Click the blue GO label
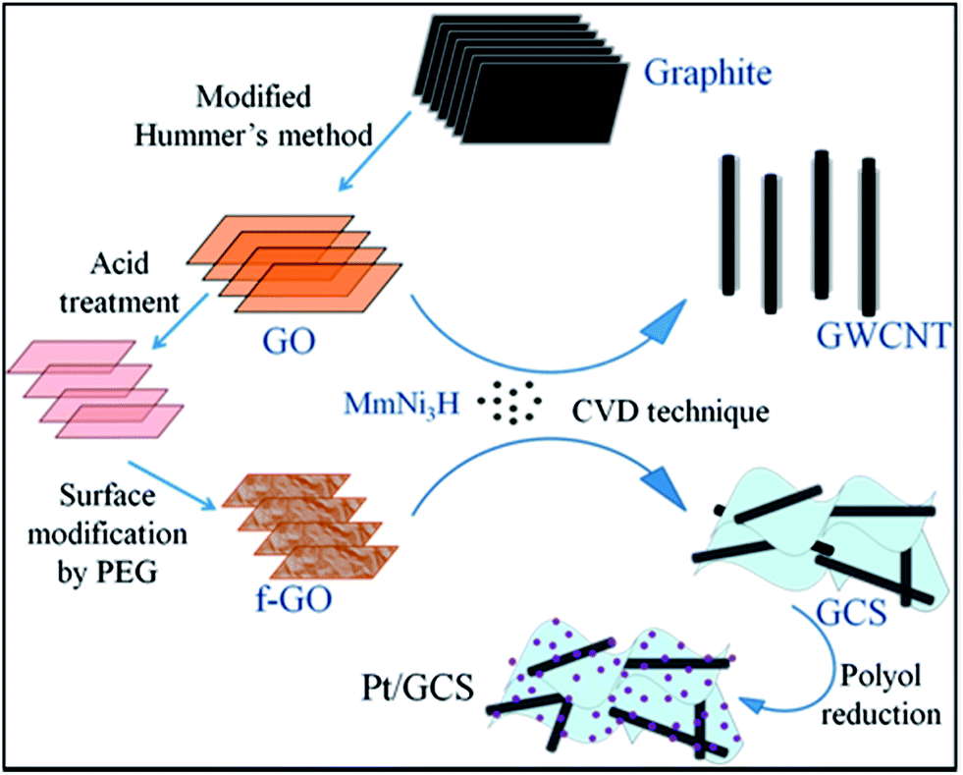(289, 340)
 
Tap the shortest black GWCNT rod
(771, 244)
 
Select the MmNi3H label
(401, 404)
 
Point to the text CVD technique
(670, 411)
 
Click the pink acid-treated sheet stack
(95, 389)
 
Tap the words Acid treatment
(119, 283)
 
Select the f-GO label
(294, 598)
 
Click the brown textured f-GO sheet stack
(309, 526)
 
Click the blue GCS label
(851, 611)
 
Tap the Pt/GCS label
(417, 688)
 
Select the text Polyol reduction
(881, 695)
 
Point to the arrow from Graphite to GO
(373, 150)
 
